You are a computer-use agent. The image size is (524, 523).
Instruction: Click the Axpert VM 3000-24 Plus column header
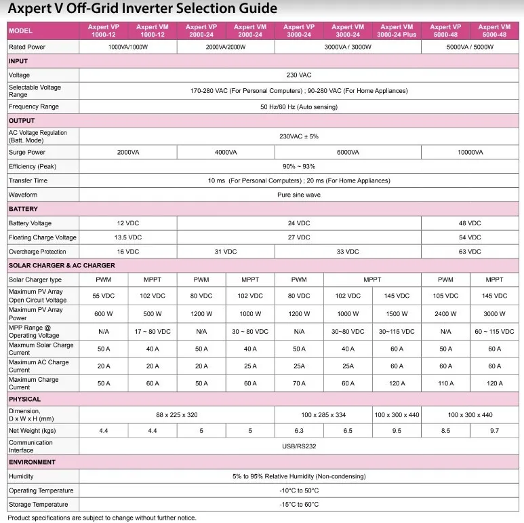pyautogui.click(x=397, y=31)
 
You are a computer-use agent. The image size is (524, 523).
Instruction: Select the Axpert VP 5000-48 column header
pyautogui.click(x=445, y=31)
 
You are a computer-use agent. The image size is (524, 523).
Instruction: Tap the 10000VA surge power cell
pyautogui.click(x=470, y=153)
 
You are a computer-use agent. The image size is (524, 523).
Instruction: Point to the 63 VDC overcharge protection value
pyautogui.click(x=470, y=252)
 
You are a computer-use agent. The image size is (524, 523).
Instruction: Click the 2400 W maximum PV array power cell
pyautogui.click(x=445, y=314)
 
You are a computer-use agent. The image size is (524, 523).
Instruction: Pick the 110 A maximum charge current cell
pyautogui.click(x=445, y=383)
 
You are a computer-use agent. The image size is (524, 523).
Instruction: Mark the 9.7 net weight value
pyautogui.click(x=494, y=430)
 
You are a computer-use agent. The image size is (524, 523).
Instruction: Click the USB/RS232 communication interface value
pyautogui.click(x=299, y=446)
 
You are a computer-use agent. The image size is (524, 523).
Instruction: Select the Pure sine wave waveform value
pyautogui.click(x=299, y=195)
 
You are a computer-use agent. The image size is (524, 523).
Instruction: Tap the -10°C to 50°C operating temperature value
pyautogui.click(x=299, y=490)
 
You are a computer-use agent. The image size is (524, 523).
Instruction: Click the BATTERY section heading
pyautogui.click(x=24, y=209)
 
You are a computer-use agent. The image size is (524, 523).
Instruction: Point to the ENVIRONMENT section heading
pyautogui.click(x=32, y=462)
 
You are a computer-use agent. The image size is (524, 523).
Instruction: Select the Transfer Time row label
pyautogui.click(x=28, y=180)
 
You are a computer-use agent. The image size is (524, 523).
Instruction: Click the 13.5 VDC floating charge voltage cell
pyautogui.click(x=128, y=237)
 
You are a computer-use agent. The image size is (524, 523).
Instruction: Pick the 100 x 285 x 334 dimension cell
pyautogui.click(x=323, y=414)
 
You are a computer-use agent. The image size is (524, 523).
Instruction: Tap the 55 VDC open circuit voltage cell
pyautogui.click(x=104, y=296)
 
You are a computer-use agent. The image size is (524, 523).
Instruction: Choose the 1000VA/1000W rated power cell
pyautogui.click(x=128, y=47)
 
